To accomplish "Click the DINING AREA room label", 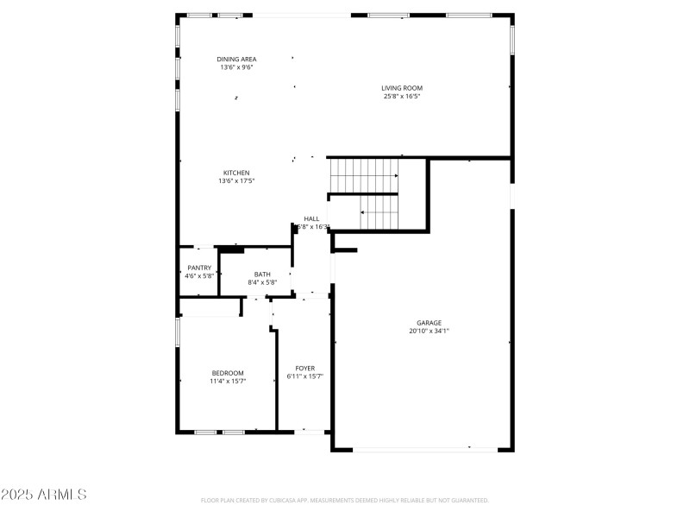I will coord(236,59).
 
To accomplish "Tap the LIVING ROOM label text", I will coord(402,87).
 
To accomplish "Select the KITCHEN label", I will coord(236,173).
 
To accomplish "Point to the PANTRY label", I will coord(199,268).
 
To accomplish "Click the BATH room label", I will coord(261,274).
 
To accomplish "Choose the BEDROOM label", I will coord(228,373).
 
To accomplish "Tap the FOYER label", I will coord(304,369).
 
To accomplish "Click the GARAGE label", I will coord(430,323).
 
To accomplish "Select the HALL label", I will coord(311,218).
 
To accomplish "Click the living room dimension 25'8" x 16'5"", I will coord(402,96).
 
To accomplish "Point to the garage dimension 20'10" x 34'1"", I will coord(430,331).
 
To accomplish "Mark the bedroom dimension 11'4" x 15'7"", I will coord(228,381).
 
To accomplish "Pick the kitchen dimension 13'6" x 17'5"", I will coord(236,180).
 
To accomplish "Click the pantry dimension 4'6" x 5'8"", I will coord(199,275).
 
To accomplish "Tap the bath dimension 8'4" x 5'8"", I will coord(261,281).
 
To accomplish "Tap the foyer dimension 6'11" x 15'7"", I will coord(304,376).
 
